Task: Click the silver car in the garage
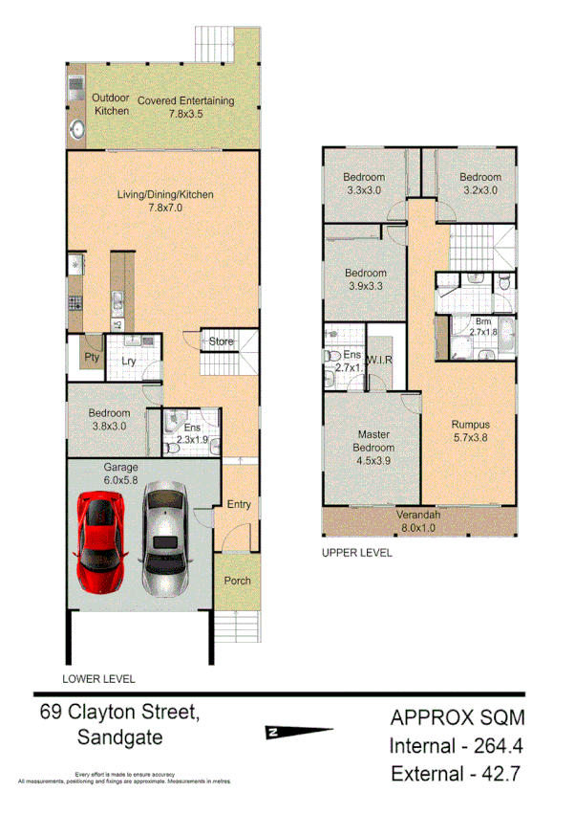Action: coord(165,538)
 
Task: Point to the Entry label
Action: coord(238,504)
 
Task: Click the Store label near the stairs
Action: coord(222,341)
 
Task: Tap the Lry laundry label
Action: coord(128,361)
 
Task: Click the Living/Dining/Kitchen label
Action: coord(165,201)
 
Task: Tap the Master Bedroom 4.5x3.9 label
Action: coord(373,447)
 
